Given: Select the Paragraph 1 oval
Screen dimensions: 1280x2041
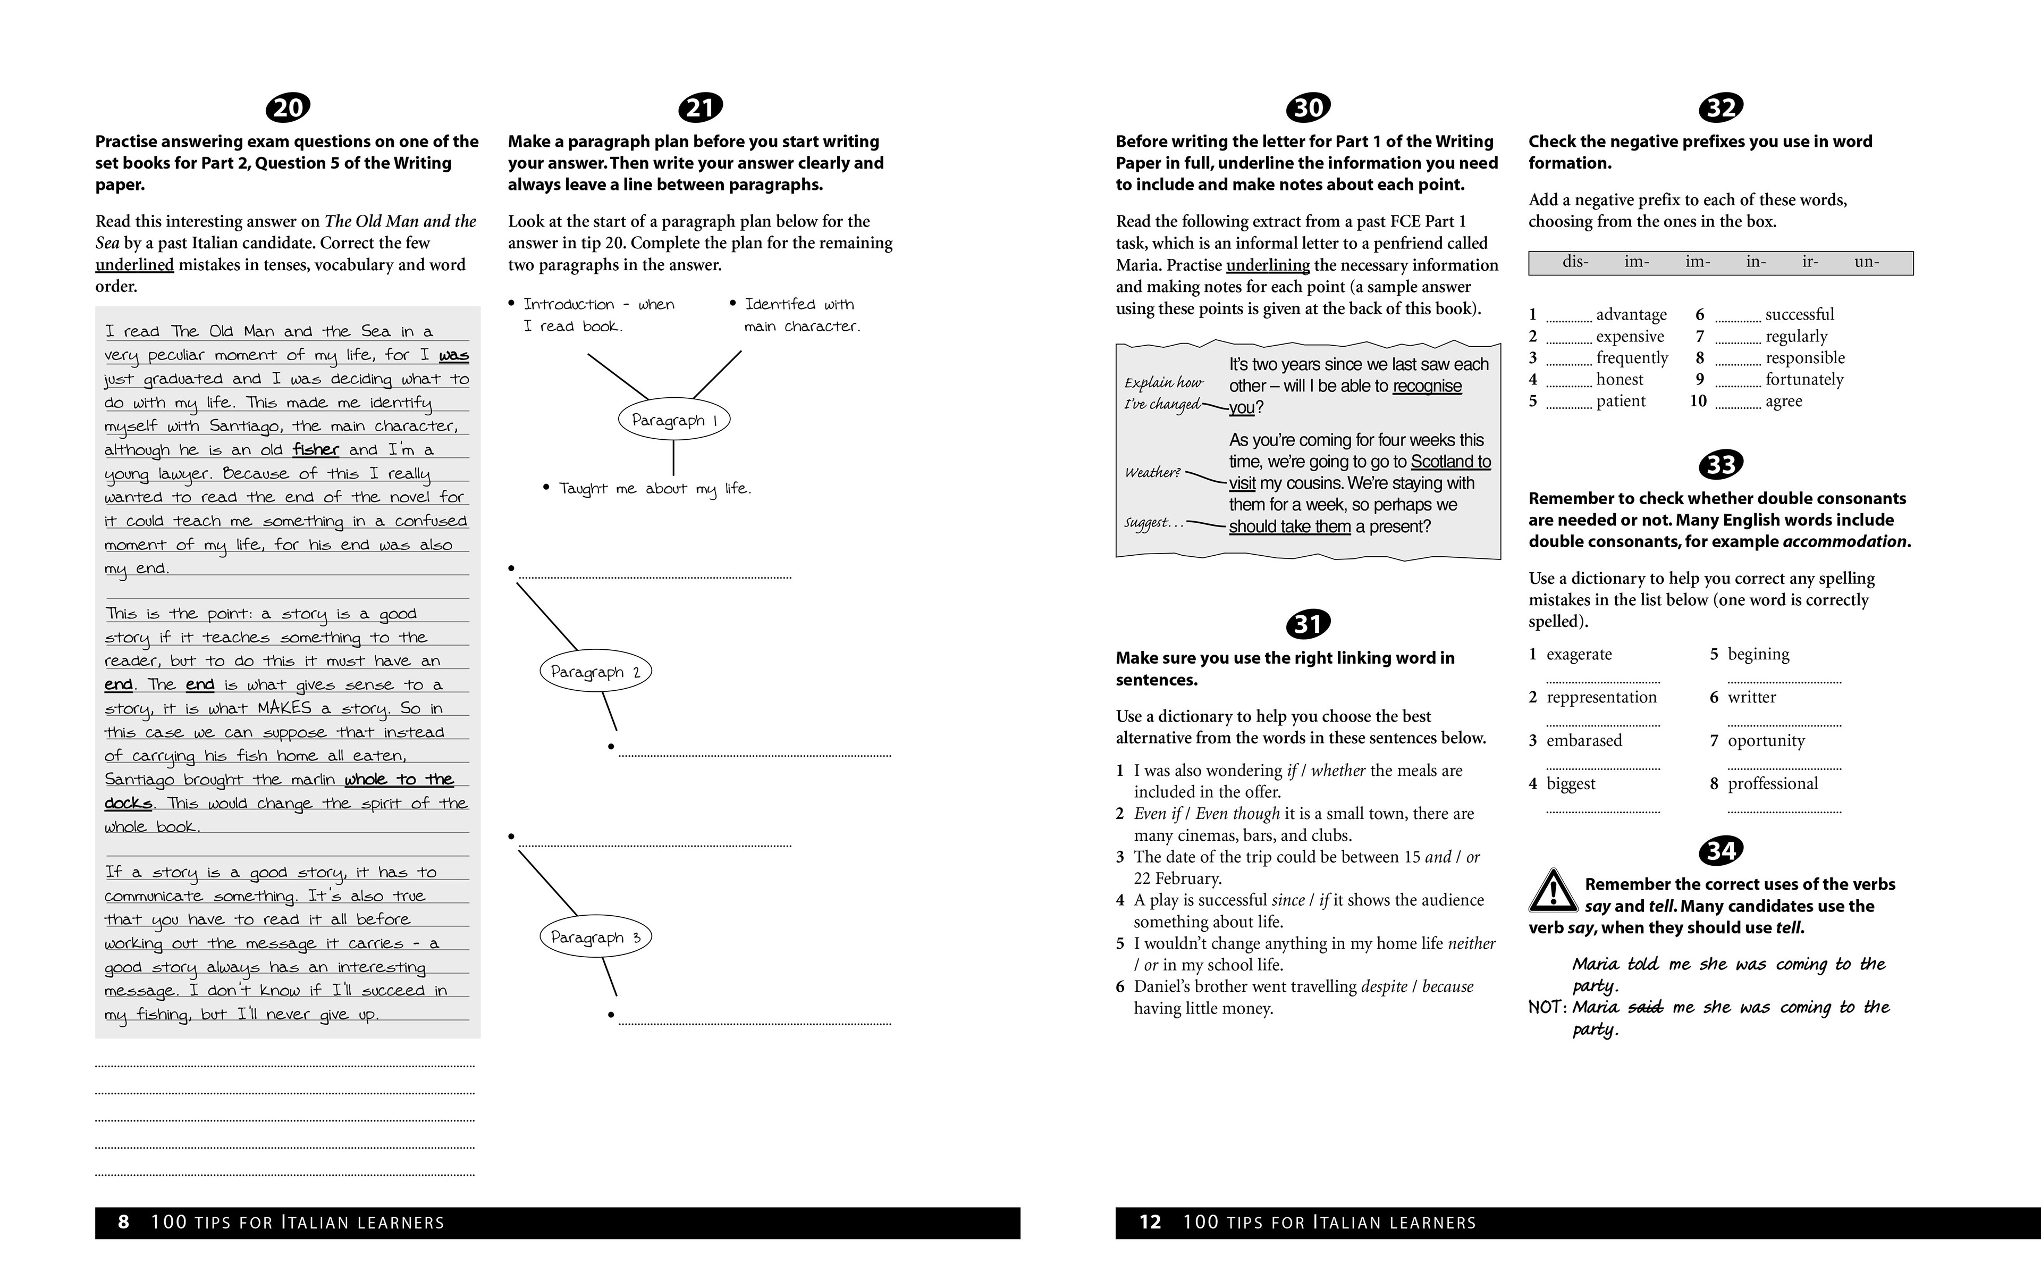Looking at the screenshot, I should click(x=673, y=420).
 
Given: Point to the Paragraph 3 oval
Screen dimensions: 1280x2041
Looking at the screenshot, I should click(x=596, y=937).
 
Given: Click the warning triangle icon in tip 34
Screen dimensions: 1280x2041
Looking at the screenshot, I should click(x=1552, y=891).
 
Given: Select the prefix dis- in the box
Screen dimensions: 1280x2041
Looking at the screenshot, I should click(x=1575, y=262).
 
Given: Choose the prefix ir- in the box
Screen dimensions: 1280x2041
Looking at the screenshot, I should click(x=1810, y=262).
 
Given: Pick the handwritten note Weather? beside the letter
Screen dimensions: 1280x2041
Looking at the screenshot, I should click(x=1152, y=472).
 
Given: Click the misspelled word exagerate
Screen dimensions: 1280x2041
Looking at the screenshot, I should click(x=1579, y=655).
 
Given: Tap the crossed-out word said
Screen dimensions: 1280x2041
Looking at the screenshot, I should click(x=1645, y=1007).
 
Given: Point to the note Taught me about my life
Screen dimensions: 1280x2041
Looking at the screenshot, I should click(x=654, y=489).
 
